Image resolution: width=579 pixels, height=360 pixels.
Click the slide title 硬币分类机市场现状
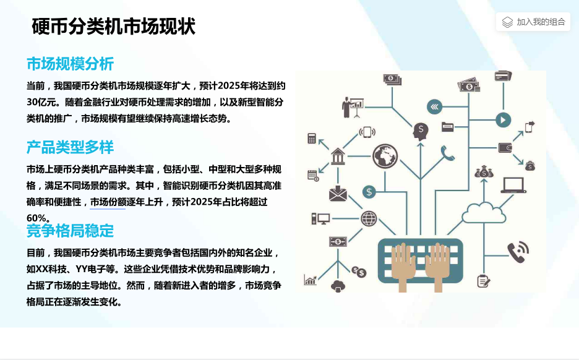point(114,26)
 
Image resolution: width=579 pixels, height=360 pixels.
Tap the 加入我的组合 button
point(533,22)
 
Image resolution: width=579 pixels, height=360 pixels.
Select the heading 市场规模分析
point(70,64)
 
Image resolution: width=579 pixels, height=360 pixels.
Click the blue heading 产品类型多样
point(70,147)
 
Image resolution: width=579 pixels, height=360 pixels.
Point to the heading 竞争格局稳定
point(70,231)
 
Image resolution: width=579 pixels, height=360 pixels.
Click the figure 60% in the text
point(36,218)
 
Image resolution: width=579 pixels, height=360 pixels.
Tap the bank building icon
point(338,156)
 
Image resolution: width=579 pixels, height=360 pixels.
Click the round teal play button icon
point(503,120)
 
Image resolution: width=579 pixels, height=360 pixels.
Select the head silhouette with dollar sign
point(421,131)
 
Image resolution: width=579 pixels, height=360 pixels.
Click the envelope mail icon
point(338,194)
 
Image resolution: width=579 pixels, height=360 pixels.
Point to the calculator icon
point(312,138)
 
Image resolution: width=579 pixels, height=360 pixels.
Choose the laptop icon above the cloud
point(513,186)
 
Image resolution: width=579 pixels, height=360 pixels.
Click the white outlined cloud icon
point(484,213)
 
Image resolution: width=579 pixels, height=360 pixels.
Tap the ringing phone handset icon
point(518,252)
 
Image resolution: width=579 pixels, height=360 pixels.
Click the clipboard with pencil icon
point(483,281)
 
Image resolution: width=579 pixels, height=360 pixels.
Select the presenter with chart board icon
point(353,107)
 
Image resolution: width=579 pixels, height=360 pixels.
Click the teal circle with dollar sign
point(369,192)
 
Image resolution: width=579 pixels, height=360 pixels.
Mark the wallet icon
point(505,148)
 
